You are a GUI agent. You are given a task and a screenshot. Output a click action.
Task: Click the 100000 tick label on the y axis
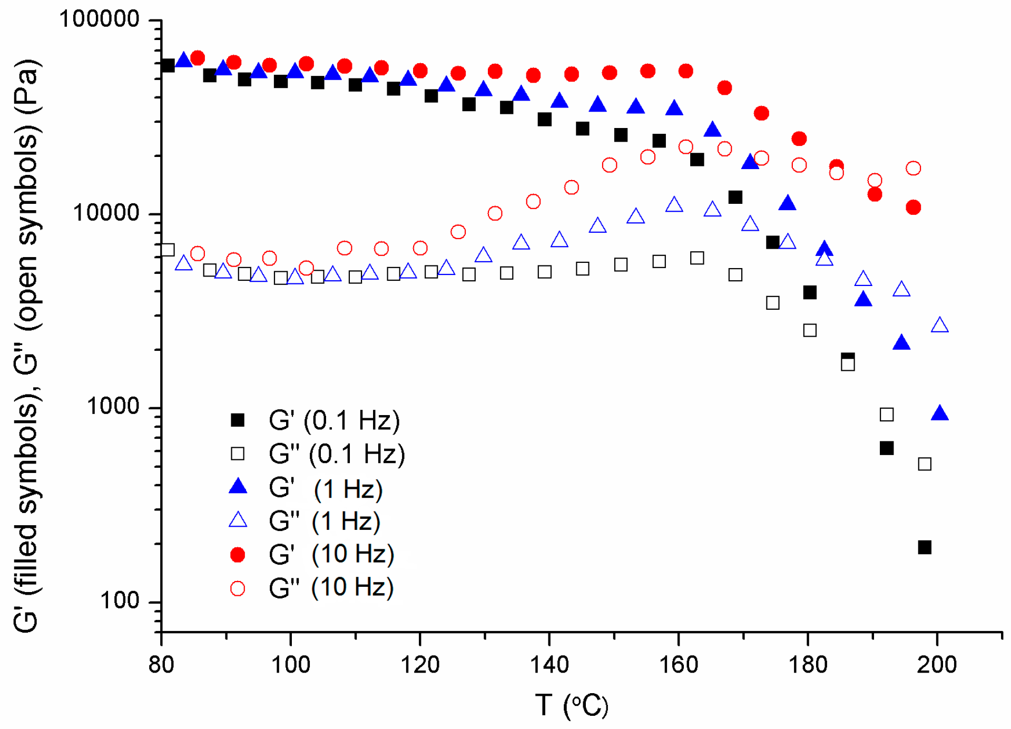tap(99, 19)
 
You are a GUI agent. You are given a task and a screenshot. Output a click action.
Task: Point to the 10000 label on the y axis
tap(106, 213)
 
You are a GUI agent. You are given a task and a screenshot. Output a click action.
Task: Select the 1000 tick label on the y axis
tap(113, 407)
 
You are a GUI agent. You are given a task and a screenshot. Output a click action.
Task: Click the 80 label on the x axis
tap(161, 665)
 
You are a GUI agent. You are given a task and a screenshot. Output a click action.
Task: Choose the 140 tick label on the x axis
tap(549, 665)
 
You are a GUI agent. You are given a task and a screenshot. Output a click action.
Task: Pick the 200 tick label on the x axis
tap(937, 665)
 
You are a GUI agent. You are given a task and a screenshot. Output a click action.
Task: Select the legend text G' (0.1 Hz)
tap(334, 420)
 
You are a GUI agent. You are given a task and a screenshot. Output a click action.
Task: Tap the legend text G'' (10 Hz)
tap(331, 587)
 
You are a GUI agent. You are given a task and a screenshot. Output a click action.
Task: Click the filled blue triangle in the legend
tap(238, 487)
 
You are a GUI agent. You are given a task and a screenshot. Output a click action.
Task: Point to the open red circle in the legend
tap(238, 588)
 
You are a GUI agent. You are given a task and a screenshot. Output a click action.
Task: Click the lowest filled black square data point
tap(925, 547)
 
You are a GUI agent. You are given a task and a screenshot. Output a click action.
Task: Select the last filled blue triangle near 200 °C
tap(940, 413)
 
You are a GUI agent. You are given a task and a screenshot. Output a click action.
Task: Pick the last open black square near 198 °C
tap(925, 464)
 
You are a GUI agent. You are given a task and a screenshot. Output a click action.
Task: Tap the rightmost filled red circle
tap(914, 208)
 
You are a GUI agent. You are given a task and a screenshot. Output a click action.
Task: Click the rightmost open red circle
tap(914, 169)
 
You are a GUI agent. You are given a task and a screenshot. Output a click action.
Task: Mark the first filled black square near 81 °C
tap(168, 66)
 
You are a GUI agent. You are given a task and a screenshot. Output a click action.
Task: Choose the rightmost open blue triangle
tap(940, 326)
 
